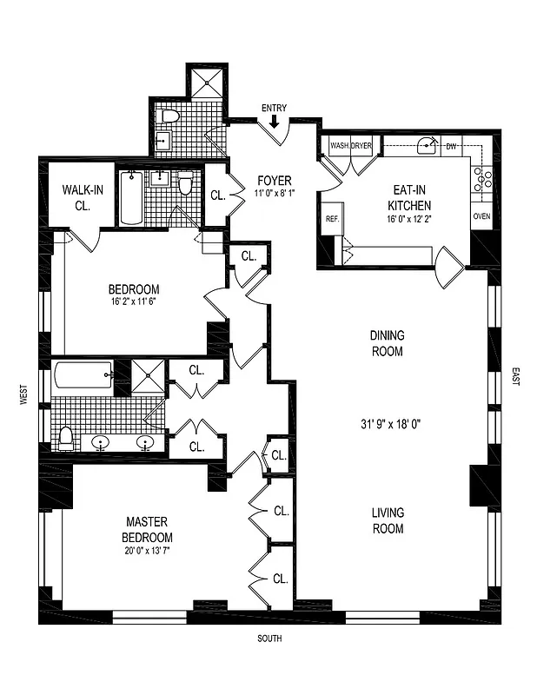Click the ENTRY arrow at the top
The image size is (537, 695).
tap(275, 122)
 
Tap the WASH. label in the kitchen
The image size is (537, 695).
tap(339, 146)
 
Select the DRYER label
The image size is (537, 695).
tap(361, 146)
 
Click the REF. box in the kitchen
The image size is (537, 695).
tap(332, 220)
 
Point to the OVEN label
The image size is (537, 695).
tap(482, 216)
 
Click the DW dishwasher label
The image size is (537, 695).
tap(451, 146)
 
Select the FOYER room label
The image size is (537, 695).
tap(275, 181)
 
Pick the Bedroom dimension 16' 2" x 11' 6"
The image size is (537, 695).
tap(134, 302)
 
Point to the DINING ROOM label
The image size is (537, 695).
tap(387, 343)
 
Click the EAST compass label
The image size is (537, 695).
tap(515, 378)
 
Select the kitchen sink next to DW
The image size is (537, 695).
tap(426, 146)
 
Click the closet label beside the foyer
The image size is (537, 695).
tap(217, 195)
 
